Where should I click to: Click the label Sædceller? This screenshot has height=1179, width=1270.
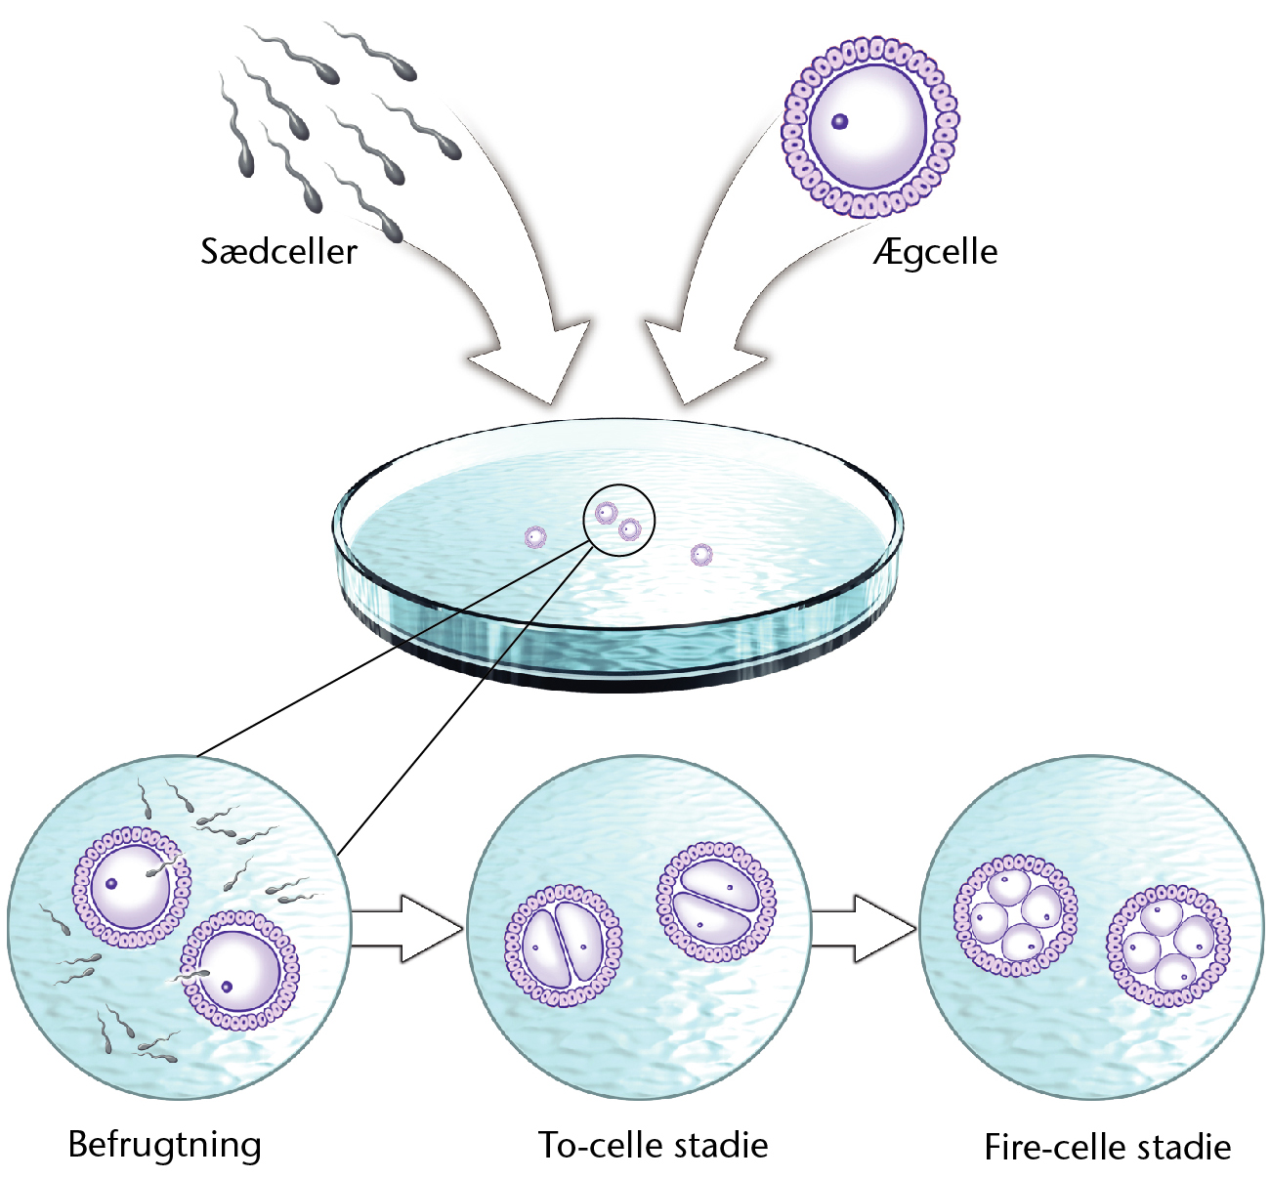[x=278, y=251]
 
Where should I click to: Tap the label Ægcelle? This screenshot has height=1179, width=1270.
[x=935, y=252]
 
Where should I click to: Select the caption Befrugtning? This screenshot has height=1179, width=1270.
[x=165, y=1145]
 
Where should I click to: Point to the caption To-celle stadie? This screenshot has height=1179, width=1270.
[x=653, y=1145]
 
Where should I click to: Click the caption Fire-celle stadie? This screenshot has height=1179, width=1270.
[x=1108, y=1147]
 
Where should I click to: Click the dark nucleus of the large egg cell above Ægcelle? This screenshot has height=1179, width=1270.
[x=839, y=121]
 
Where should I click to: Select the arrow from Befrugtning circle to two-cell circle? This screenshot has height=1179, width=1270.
[x=407, y=928]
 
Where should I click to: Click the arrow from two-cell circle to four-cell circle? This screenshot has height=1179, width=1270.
[x=863, y=928]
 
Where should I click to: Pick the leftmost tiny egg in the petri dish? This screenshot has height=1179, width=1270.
[x=535, y=537]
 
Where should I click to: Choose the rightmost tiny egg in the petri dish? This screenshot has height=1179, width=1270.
[x=701, y=554]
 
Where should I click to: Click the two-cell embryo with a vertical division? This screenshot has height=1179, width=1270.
[x=563, y=946]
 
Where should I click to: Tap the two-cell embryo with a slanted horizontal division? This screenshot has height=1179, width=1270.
[x=716, y=902]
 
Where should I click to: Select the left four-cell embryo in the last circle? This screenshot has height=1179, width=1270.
[x=1015, y=916]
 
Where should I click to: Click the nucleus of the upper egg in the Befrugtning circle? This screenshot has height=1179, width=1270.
[x=111, y=883]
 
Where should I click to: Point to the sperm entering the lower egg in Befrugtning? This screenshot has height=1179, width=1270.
[x=190, y=977]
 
